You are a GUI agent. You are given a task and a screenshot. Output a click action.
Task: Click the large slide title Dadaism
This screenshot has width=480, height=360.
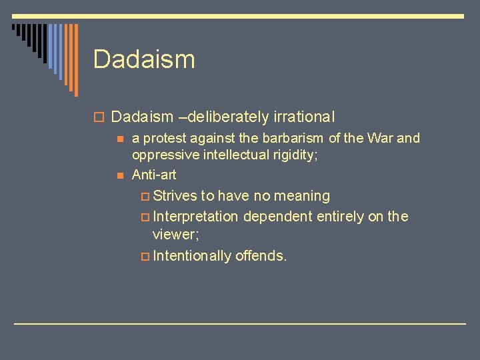(x=144, y=59)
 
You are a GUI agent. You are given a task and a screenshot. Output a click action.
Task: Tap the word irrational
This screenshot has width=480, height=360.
(x=303, y=117)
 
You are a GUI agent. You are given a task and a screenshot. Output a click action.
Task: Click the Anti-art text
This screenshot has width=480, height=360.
(x=154, y=175)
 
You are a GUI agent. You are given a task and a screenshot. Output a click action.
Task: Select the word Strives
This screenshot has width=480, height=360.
(x=175, y=196)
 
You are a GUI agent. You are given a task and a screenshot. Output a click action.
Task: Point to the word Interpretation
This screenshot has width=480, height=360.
(x=195, y=217)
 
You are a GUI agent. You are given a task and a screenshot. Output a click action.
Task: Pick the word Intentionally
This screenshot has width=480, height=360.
(x=191, y=255)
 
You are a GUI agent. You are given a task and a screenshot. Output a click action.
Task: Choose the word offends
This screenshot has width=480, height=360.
(x=261, y=255)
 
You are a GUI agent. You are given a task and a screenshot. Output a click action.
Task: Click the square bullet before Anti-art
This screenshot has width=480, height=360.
(x=119, y=175)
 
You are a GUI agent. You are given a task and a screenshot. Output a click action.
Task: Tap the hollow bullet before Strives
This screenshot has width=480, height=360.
(x=145, y=197)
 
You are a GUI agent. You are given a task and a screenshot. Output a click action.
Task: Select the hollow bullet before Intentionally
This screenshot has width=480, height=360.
(x=145, y=256)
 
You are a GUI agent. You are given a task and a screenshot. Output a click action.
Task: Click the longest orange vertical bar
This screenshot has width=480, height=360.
(x=75, y=60)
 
